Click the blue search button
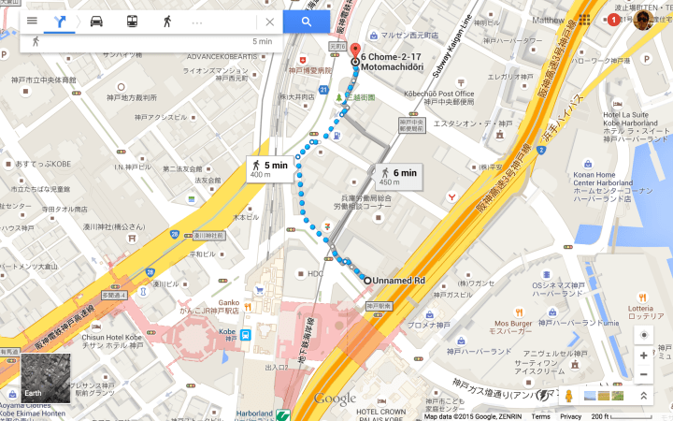pos(306,22)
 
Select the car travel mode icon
pos(96,22)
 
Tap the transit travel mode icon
pos(131,22)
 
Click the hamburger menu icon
pos(32,22)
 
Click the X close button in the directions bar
pos(270,22)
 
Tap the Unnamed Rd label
pos(399,281)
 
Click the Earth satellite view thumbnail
pos(46,379)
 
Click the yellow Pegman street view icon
pos(567,396)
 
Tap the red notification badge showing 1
pos(613,20)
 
